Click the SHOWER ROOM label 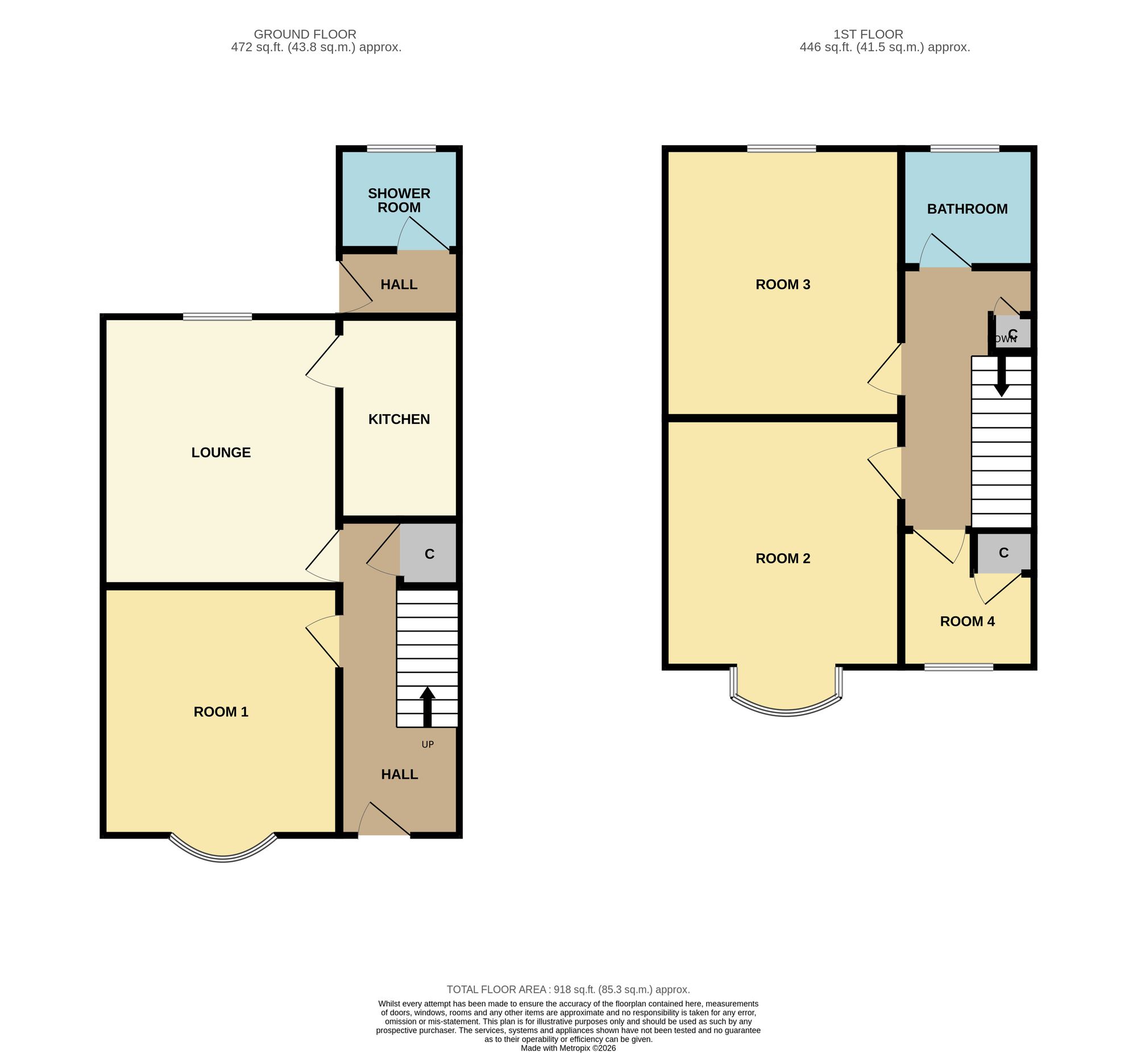[399, 200]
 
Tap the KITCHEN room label [399, 419]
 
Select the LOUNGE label [221, 452]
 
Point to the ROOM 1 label [221, 712]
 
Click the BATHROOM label [967, 209]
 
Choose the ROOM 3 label [782, 284]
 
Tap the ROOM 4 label [967, 621]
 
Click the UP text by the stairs [427, 744]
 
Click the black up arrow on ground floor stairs [427, 707]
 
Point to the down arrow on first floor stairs [1001, 376]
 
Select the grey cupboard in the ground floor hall [428, 553]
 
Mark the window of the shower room [401, 148]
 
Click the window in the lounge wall [217, 317]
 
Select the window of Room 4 [958, 667]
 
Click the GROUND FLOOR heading [305, 34]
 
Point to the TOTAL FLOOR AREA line [567, 990]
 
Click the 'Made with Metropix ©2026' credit [567, 1048]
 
